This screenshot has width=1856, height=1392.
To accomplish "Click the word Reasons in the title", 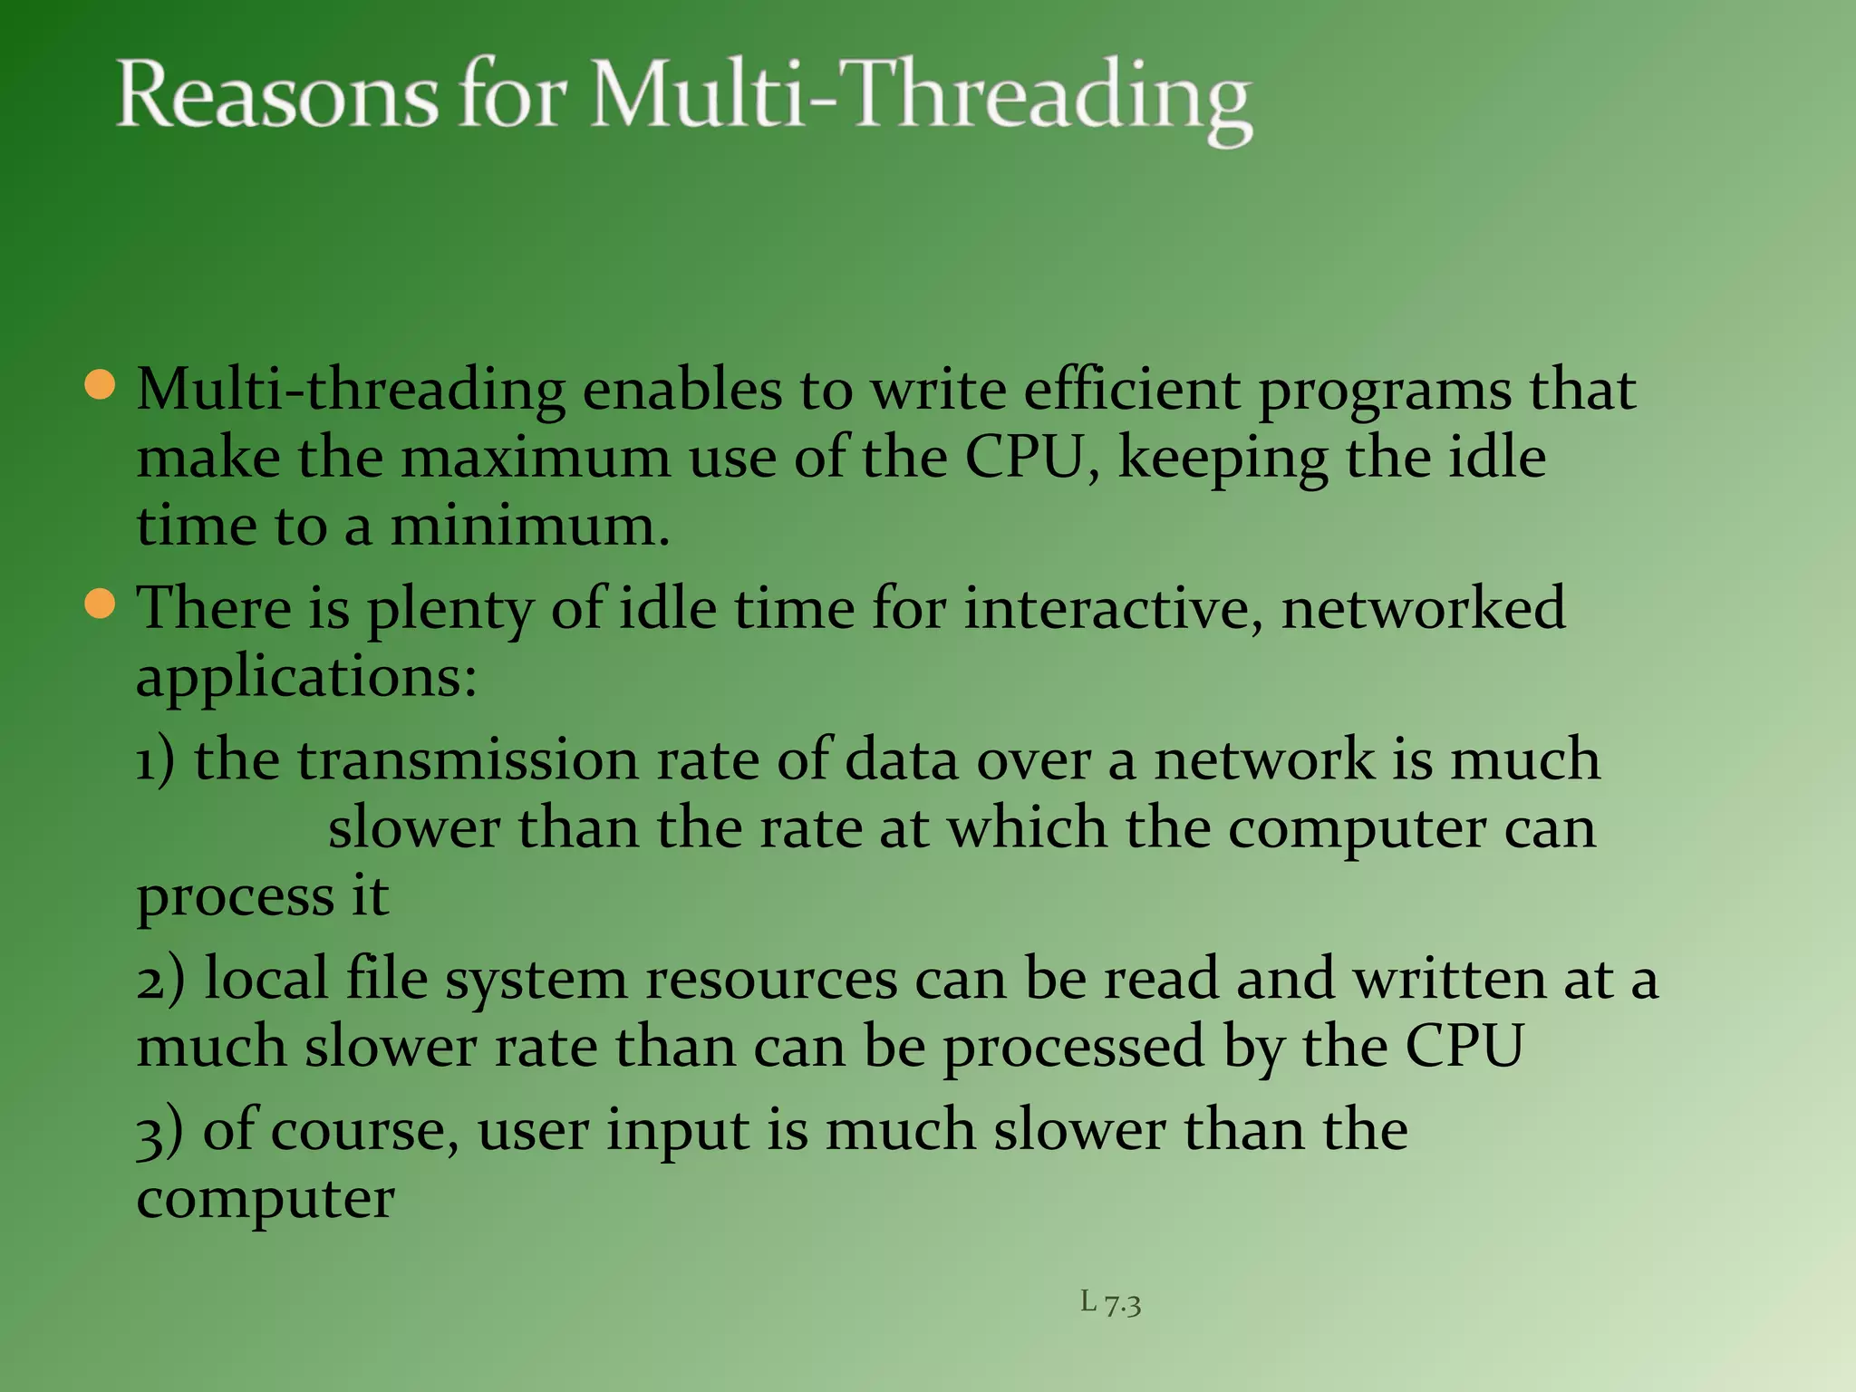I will pyautogui.click(x=277, y=95).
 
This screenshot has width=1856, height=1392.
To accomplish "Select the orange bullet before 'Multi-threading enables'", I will pyautogui.click(x=100, y=385).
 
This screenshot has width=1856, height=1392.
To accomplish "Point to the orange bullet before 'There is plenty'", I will pyautogui.click(x=100, y=604).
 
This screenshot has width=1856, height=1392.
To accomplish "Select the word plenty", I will pyautogui.click(x=449, y=609).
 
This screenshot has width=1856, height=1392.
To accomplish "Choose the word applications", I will pyautogui.click(x=305, y=678).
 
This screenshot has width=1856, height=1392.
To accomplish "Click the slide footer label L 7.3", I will pyautogui.click(x=1110, y=1303).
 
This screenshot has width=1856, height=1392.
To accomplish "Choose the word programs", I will pyautogui.click(x=1384, y=391).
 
